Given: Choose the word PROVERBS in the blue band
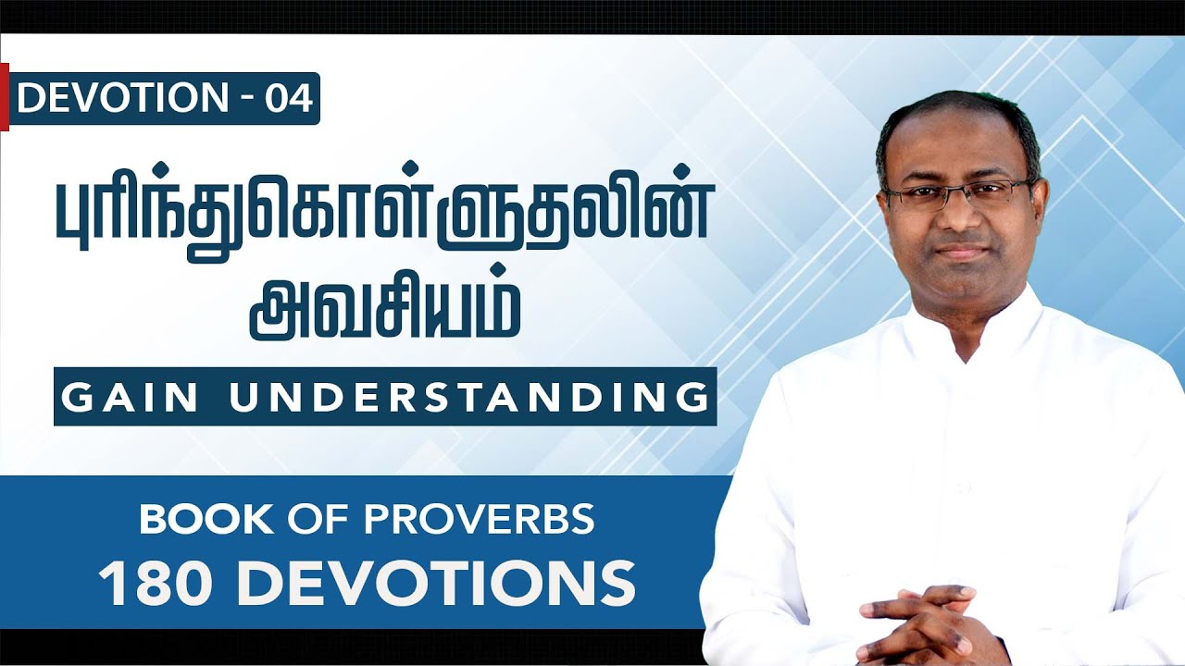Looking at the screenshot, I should (495, 521).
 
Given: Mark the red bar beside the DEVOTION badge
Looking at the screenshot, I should (5, 96).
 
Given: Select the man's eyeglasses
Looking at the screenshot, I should (958, 193).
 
